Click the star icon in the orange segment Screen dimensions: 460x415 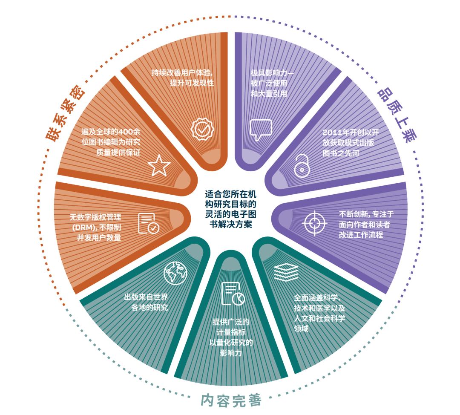tap(159, 165)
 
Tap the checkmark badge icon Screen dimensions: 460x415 tap(202, 129)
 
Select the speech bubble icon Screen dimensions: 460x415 tap(261, 130)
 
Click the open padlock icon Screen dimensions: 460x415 tap(302, 166)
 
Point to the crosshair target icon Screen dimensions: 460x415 tap(314, 223)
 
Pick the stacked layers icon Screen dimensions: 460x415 tap(286, 272)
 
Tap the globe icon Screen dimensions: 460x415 tap(175, 273)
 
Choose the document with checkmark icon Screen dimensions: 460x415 tap(149, 223)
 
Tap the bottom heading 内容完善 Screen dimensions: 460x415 tap(231, 401)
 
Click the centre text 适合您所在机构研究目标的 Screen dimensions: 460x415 tap(230, 199)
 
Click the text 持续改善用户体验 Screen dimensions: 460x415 tap(182, 72)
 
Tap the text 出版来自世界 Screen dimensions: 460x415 tap(146, 297)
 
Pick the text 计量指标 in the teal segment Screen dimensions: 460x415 tap(231, 332)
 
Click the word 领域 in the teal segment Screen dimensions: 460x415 tap(301, 329)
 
